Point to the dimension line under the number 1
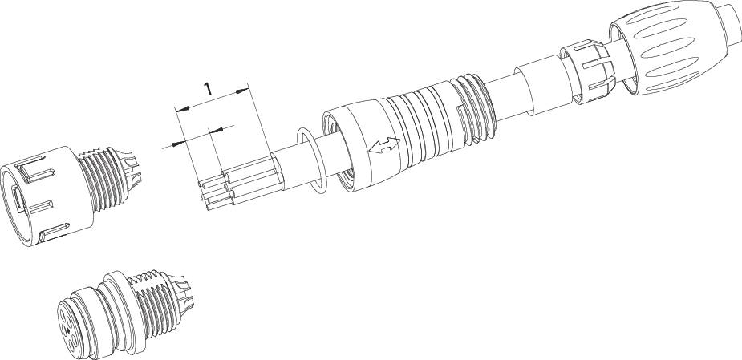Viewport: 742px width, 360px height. point(213,100)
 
